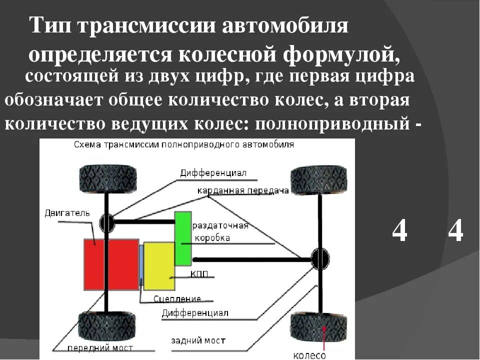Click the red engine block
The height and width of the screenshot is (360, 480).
pos(111,264)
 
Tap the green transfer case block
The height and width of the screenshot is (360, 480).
pos(183,238)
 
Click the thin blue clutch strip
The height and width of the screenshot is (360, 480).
pos(141,267)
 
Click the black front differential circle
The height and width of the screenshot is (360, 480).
pos(107,221)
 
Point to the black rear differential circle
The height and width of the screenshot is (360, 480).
pos(320,259)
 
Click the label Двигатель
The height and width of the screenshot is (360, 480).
pos(67,213)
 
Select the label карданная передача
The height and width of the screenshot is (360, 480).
pos(242,191)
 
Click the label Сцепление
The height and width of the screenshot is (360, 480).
pos(177,299)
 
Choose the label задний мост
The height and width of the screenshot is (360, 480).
pos(198,340)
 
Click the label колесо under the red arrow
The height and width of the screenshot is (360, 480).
pos(309,355)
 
